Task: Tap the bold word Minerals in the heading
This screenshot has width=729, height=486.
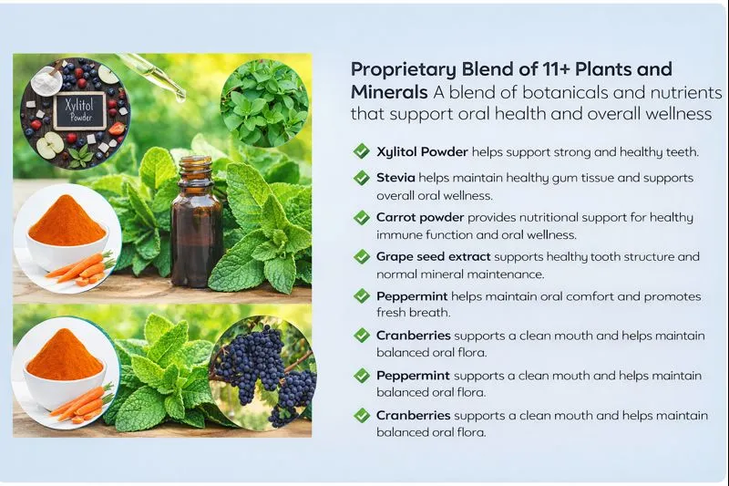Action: (389, 92)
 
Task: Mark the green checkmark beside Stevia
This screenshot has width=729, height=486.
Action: (361, 179)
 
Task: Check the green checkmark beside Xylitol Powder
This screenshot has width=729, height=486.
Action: (361, 152)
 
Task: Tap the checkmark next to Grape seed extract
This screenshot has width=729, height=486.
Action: (361, 258)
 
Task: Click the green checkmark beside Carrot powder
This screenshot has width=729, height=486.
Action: (361, 218)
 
